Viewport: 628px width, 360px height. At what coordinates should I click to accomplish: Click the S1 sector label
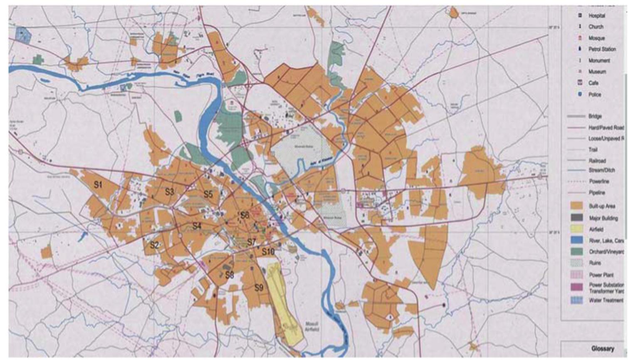coord(98,185)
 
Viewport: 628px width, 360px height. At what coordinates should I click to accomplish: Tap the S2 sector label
coord(154,245)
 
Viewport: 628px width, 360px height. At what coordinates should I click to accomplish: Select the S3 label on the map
coord(169,192)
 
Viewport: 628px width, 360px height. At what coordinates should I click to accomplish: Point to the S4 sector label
coord(197,226)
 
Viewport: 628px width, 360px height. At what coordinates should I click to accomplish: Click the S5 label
coord(208,194)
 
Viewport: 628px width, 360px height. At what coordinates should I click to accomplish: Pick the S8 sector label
coord(229,275)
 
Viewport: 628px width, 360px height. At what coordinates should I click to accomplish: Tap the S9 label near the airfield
coord(259,288)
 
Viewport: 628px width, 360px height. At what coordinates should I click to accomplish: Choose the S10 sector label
coord(268,251)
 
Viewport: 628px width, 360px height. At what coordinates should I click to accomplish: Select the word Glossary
coord(602,349)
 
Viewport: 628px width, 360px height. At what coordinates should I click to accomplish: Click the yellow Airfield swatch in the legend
coord(576,228)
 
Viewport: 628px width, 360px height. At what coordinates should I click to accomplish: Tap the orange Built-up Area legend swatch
coord(576,206)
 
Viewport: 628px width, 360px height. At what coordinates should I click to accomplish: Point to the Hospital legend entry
coord(596,15)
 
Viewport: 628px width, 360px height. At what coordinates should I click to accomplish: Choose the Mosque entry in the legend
coord(596,38)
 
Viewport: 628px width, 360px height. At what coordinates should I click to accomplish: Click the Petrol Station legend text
coord(602,49)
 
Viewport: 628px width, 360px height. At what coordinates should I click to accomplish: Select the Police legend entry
coord(594,94)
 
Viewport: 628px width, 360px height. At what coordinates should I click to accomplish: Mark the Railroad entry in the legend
coord(597,161)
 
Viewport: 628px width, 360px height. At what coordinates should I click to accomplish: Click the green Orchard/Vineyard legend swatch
coord(576,251)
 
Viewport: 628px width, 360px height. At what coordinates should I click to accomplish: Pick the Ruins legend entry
coord(595,263)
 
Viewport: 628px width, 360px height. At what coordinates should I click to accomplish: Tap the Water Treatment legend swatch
coord(576,300)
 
